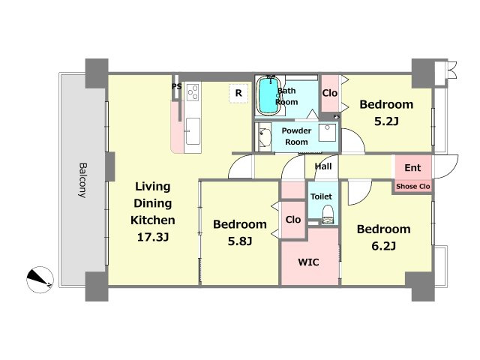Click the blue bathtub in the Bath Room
(268, 94)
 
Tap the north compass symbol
(40, 280)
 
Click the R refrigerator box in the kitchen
(238, 93)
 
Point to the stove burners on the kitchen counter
(193, 91)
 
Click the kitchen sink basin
(193, 130)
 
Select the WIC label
(308, 262)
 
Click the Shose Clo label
(413, 186)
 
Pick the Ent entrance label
(412, 168)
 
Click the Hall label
(323, 166)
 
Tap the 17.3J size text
(153, 237)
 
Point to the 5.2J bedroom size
(386, 121)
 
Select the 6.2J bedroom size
(383, 246)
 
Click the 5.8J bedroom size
(240, 241)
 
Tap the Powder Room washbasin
(264, 137)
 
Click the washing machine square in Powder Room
(327, 133)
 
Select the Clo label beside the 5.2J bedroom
(330, 93)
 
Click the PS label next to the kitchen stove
(177, 87)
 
